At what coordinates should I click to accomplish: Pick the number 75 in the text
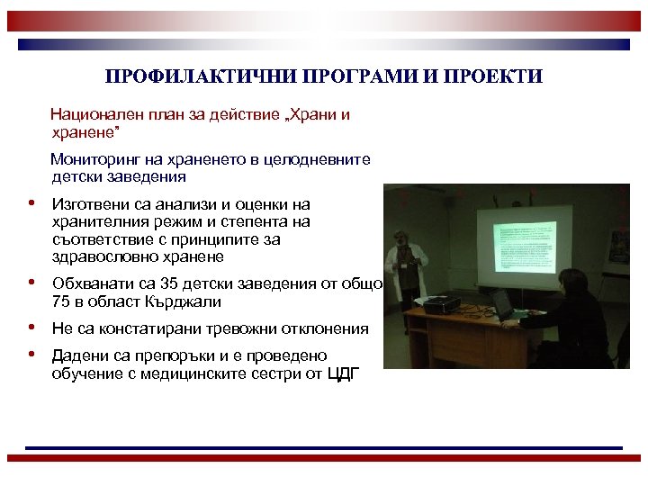pos(61,301)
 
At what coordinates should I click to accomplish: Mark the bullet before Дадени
pos(31,354)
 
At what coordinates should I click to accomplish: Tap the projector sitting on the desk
pos(441,305)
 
